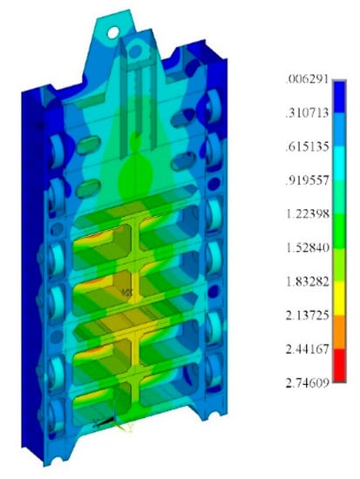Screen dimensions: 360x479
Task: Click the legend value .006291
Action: coord(307,79)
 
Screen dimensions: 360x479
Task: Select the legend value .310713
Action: coord(307,113)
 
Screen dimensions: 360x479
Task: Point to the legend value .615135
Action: coord(307,146)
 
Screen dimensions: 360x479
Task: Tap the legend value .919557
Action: coord(307,180)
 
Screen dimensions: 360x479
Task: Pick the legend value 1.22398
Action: coord(308,214)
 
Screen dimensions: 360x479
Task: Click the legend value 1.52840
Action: coord(308,247)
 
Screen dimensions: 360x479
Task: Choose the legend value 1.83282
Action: coord(308,281)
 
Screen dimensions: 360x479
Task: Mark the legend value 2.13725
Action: coord(308,315)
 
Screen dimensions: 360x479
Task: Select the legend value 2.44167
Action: coord(308,349)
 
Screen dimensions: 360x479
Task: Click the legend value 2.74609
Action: coord(308,382)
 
